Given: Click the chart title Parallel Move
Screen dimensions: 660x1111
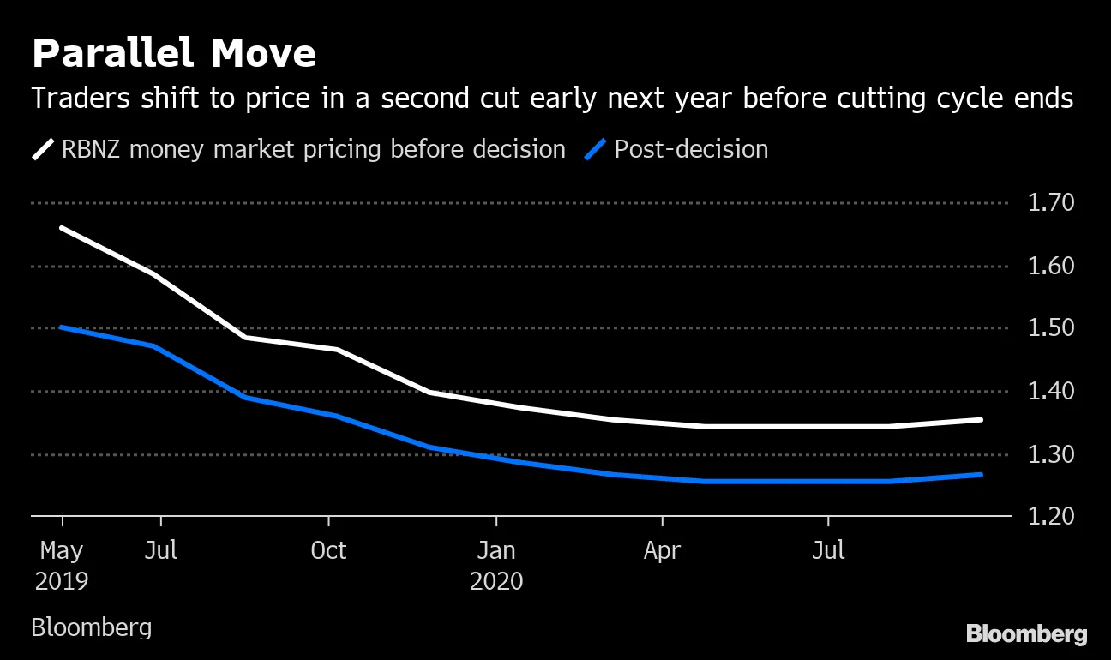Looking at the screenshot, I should pos(173,54).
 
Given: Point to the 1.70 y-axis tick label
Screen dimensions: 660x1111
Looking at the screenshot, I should pos(1050,203).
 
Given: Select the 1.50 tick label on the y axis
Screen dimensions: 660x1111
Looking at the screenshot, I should pos(1050,329).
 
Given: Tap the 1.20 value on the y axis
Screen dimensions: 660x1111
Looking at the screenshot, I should pos(1050,517).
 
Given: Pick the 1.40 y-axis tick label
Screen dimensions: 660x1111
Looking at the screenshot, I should pos(1050,392).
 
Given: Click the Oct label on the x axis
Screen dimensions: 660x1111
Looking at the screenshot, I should pos(328,549).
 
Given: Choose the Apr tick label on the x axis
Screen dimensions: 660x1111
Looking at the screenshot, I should pos(662,549).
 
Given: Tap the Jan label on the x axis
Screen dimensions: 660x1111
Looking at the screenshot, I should pos(495,549).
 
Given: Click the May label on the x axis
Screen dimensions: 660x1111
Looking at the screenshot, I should pos(62,549).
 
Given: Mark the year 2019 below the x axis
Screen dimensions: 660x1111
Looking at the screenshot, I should pos(62,581).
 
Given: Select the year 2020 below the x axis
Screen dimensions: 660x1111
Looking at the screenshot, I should pos(495,581).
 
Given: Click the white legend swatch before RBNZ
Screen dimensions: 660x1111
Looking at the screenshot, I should pos(43,150).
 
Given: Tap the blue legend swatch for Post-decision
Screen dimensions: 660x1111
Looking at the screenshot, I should pos(596,150).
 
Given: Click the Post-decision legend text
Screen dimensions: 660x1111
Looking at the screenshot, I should pos(691,150).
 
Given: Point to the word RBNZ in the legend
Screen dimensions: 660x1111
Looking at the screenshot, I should pos(93,150).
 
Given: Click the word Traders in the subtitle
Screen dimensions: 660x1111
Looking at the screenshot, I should pos(75,99).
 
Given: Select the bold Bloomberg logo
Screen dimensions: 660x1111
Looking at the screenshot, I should pos(1026,634).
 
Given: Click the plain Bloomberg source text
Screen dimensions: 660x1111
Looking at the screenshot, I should pos(91,627).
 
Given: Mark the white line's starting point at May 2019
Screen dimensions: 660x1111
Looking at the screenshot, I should pos(62,228).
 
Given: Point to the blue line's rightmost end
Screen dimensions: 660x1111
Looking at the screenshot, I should pos(981,474).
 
